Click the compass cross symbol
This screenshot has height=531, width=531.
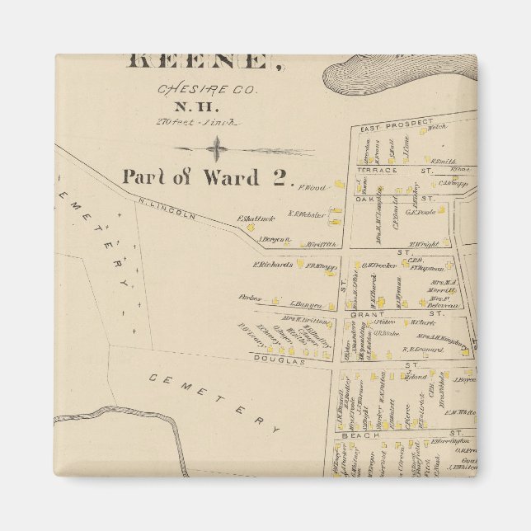(x=217, y=149)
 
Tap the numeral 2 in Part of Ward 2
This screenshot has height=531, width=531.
(x=279, y=176)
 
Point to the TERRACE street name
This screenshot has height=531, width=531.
(x=377, y=170)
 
